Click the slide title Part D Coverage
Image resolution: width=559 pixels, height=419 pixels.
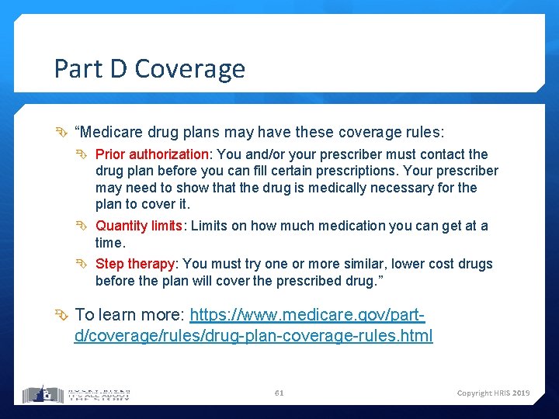(149, 69)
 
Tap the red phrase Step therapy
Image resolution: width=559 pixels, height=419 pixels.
(135, 264)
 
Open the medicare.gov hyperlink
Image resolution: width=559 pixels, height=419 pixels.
(253, 326)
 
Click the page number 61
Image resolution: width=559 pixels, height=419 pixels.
(279, 393)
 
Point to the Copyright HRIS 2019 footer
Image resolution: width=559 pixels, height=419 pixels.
(493, 393)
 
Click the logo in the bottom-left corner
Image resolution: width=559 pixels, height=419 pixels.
(76, 393)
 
